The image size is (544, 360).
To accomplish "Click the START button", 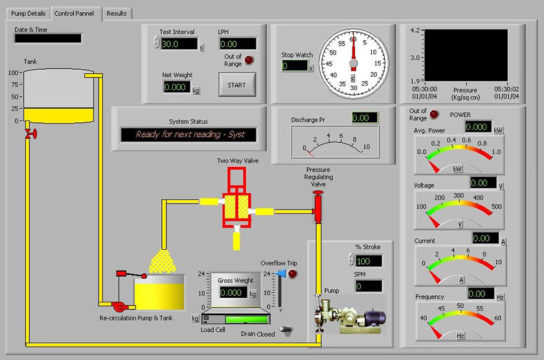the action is coord(237,85).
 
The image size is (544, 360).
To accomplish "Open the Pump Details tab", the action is coord(28,13).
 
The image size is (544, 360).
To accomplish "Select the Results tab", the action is coord(116,13).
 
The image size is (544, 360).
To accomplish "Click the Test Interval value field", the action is coord(179,44).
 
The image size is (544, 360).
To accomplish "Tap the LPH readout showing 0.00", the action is coord(237,44).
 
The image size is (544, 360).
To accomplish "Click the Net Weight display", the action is coord(177,87).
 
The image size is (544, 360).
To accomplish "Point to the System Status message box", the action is coord(188,135).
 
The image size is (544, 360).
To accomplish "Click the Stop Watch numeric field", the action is coord(295,65).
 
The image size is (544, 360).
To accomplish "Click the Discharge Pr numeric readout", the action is coord(365,118).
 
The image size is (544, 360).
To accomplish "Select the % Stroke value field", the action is coord(369,261).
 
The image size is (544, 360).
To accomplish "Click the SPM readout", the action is coord(369,286).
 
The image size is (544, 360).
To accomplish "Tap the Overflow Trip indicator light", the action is coord(293,274).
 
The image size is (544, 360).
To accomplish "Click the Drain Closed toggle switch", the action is coord(287,330).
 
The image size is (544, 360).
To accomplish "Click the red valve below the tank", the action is coord(31,134).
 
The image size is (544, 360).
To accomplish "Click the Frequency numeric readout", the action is coord(481,293).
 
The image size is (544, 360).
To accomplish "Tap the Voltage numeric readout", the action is coord(483,183).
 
